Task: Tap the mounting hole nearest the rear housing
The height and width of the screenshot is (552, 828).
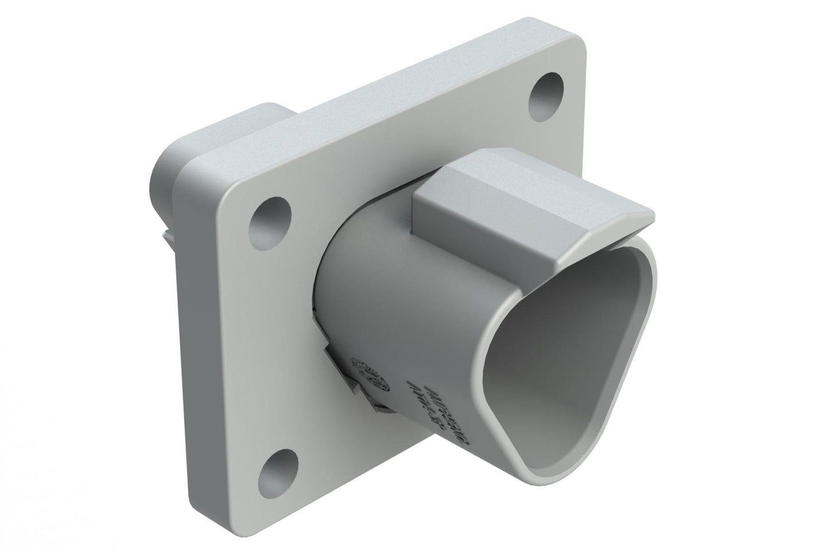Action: (x=273, y=215)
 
